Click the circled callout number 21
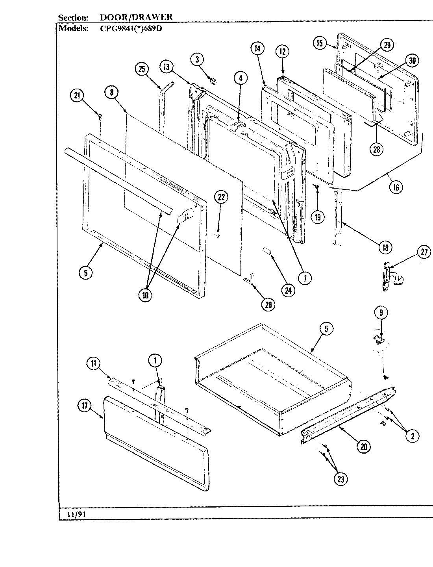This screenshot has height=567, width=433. [77, 96]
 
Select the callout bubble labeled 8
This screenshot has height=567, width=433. [111, 92]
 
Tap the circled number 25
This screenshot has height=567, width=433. [141, 69]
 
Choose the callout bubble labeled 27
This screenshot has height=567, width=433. [424, 252]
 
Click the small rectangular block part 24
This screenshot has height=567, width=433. [266, 251]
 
